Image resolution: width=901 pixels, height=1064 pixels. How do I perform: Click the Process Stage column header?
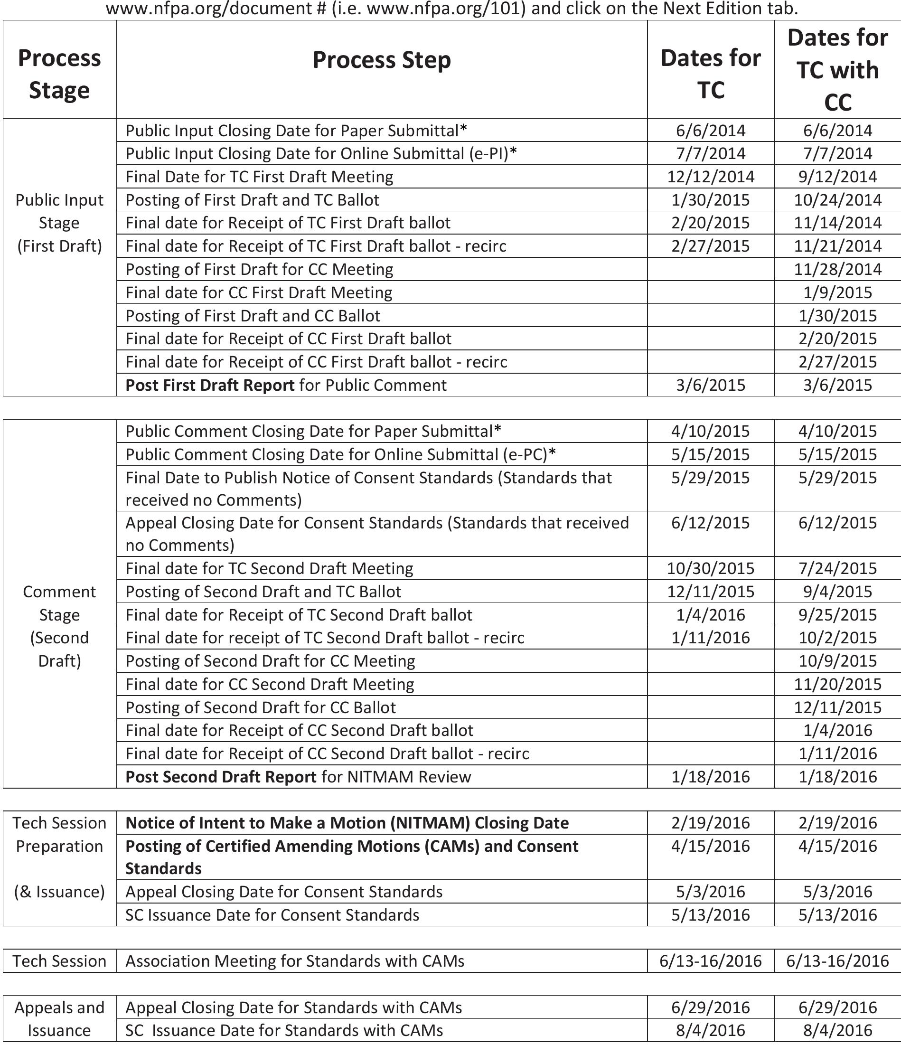click(x=59, y=74)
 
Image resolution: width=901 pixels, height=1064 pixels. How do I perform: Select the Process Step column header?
click(x=382, y=60)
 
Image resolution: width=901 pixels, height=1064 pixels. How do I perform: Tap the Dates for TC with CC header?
click(x=837, y=70)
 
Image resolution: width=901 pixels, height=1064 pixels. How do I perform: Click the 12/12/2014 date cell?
click(x=711, y=177)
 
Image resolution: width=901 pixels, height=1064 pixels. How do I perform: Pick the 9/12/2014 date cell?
click(x=837, y=177)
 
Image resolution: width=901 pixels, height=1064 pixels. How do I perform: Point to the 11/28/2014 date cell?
click(x=837, y=269)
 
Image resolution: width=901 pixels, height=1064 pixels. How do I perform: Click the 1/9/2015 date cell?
click(x=837, y=292)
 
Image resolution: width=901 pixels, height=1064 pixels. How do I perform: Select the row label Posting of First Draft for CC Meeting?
click(x=260, y=269)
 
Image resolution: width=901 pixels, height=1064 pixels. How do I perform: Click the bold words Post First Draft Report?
click(x=210, y=385)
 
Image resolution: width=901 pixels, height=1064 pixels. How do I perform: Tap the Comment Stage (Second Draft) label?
click(x=59, y=626)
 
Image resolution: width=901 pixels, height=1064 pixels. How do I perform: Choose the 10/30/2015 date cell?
click(x=711, y=568)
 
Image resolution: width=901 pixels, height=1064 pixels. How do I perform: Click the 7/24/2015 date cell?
click(x=837, y=568)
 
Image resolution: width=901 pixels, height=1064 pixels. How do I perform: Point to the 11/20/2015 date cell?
click(x=837, y=684)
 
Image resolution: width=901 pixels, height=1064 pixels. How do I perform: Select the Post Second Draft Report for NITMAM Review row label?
click(x=298, y=777)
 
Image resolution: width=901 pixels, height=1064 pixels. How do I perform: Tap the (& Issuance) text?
click(x=59, y=892)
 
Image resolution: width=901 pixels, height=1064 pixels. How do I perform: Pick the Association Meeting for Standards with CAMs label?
click(x=295, y=961)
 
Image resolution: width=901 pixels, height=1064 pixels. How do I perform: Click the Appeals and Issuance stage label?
click(x=59, y=1018)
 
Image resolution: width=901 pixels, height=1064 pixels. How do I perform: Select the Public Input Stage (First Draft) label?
click(x=59, y=223)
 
